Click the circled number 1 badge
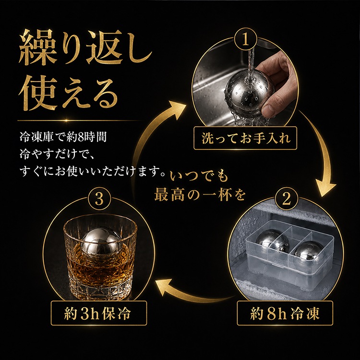245,40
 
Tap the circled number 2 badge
286,199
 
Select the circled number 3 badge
99,199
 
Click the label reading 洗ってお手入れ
245,138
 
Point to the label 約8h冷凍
285,313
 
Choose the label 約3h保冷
99,313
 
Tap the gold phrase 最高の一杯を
200,196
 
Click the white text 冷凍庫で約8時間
63,137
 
